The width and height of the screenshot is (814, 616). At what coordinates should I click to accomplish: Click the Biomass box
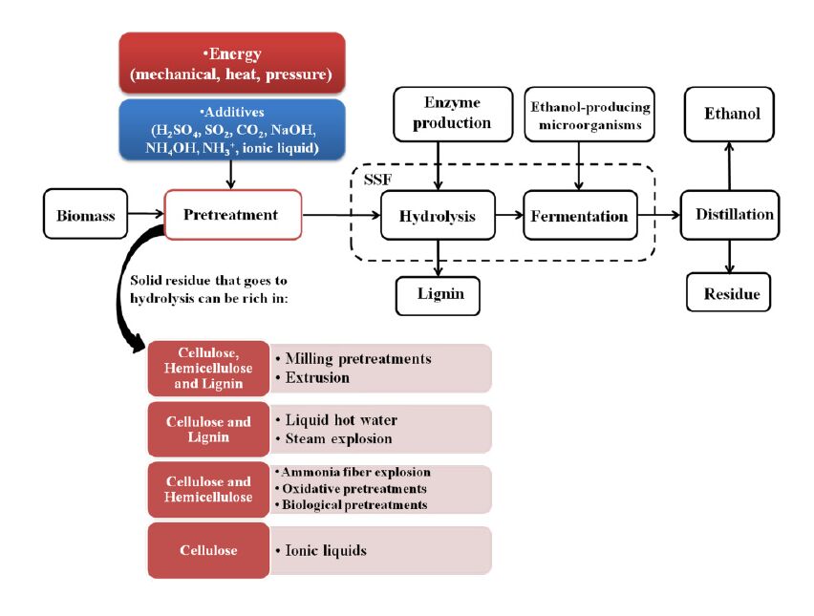(85, 214)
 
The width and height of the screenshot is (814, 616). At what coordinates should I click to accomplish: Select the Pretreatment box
(233, 214)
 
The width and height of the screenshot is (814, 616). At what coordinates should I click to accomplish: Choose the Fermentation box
(580, 216)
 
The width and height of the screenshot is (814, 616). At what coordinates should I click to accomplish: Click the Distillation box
(728, 214)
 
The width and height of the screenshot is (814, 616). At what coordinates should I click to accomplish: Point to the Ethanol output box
(732, 114)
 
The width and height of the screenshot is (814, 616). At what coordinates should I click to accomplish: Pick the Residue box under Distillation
(728, 292)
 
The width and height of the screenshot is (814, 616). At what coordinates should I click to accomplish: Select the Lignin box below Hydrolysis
(438, 294)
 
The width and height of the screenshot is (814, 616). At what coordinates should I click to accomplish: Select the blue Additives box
(233, 128)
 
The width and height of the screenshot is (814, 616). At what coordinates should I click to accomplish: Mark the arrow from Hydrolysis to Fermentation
(511, 216)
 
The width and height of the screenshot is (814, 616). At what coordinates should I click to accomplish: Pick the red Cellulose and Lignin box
(208, 429)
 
